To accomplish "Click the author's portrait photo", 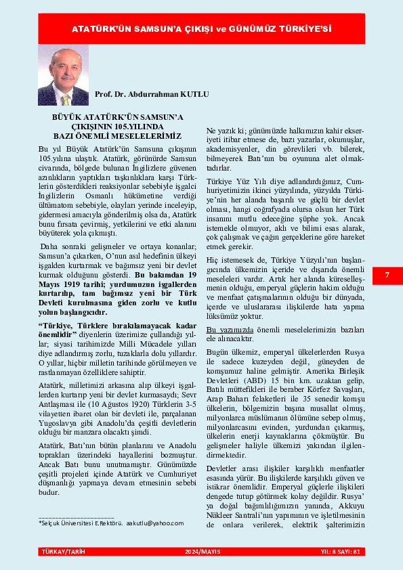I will pyautogui.click(x=63, y=75).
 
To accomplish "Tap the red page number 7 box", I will pyautogui.click(x=387, y=275).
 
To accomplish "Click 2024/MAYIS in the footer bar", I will pyautogui.click(x=201, y=552).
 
